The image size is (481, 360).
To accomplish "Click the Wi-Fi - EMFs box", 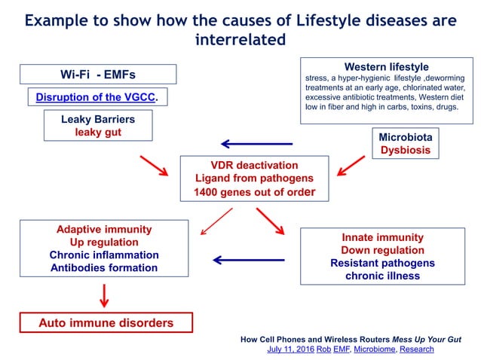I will click(x=98, y=75).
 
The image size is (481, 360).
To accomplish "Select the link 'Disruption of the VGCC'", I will click(x=97, y=97).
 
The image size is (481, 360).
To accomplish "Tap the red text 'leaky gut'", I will click(x=97, y=133).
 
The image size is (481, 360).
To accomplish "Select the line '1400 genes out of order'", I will click(x=253, y=192).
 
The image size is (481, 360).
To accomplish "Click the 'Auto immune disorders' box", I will click(x=106, y=323).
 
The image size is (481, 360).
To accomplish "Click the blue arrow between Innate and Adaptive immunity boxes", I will click(x=249, y=260).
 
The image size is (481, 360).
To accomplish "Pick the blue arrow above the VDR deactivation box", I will click(x=256, y=144).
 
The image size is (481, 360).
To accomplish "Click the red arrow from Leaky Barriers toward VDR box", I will click(x=154, y=166).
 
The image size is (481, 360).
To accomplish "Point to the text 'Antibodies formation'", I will click(x=104, y=267).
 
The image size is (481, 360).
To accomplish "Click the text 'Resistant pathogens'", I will click(x=381, y=263).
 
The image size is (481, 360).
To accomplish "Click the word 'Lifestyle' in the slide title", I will click(x=276, y=20).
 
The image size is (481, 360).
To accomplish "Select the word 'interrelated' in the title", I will click(x=240, y=39).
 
